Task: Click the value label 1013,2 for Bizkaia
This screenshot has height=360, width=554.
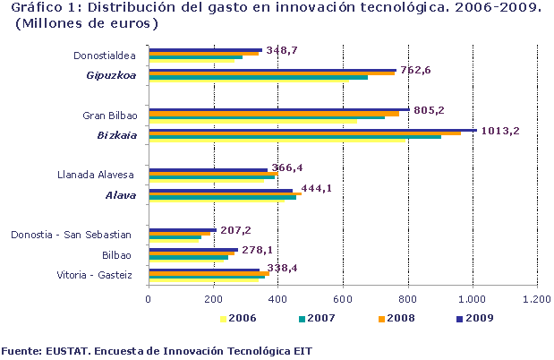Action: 500,131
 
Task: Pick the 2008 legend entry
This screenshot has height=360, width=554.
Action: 398,317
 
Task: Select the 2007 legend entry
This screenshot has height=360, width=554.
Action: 319,317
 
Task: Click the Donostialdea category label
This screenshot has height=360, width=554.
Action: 105,56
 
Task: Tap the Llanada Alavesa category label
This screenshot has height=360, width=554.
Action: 95,174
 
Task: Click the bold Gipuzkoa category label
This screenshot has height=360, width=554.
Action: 111,75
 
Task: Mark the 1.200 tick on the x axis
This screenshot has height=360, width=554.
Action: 537,299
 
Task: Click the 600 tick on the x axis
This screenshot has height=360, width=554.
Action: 343,299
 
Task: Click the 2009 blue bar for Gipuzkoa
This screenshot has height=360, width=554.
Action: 272,70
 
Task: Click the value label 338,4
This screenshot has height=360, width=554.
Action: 288,267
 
